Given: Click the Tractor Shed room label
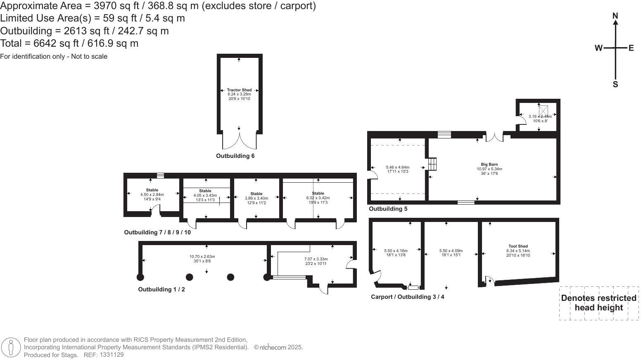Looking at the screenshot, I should point(239,90).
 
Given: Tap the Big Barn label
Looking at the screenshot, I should point(489,165).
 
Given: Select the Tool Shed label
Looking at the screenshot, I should point(518,246).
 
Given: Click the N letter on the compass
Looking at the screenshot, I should point(615,16).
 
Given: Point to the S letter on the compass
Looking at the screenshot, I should point(615,84).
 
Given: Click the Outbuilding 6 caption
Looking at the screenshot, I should point(235,156).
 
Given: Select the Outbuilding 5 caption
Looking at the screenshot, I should point(388,209).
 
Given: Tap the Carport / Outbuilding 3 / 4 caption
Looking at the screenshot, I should point(407,297).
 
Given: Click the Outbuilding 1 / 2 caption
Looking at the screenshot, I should point(161,289).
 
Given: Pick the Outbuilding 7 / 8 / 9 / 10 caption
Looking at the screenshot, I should point(157,232).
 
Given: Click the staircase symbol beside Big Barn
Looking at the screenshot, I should point(432,164).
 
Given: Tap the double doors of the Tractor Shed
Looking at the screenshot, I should point(240,140).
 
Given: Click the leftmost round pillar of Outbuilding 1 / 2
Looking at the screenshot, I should point(140,277).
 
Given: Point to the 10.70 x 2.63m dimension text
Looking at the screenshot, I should point(202,257).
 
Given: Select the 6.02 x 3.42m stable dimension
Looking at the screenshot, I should point(318,198).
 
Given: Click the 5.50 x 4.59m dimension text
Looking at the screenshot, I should point(451,251).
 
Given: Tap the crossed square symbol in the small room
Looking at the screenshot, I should point(543,110).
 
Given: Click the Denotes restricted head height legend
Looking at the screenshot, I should point(598,303).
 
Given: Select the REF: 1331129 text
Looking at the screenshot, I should point(104,355).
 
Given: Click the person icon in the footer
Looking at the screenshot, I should point(11,347).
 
